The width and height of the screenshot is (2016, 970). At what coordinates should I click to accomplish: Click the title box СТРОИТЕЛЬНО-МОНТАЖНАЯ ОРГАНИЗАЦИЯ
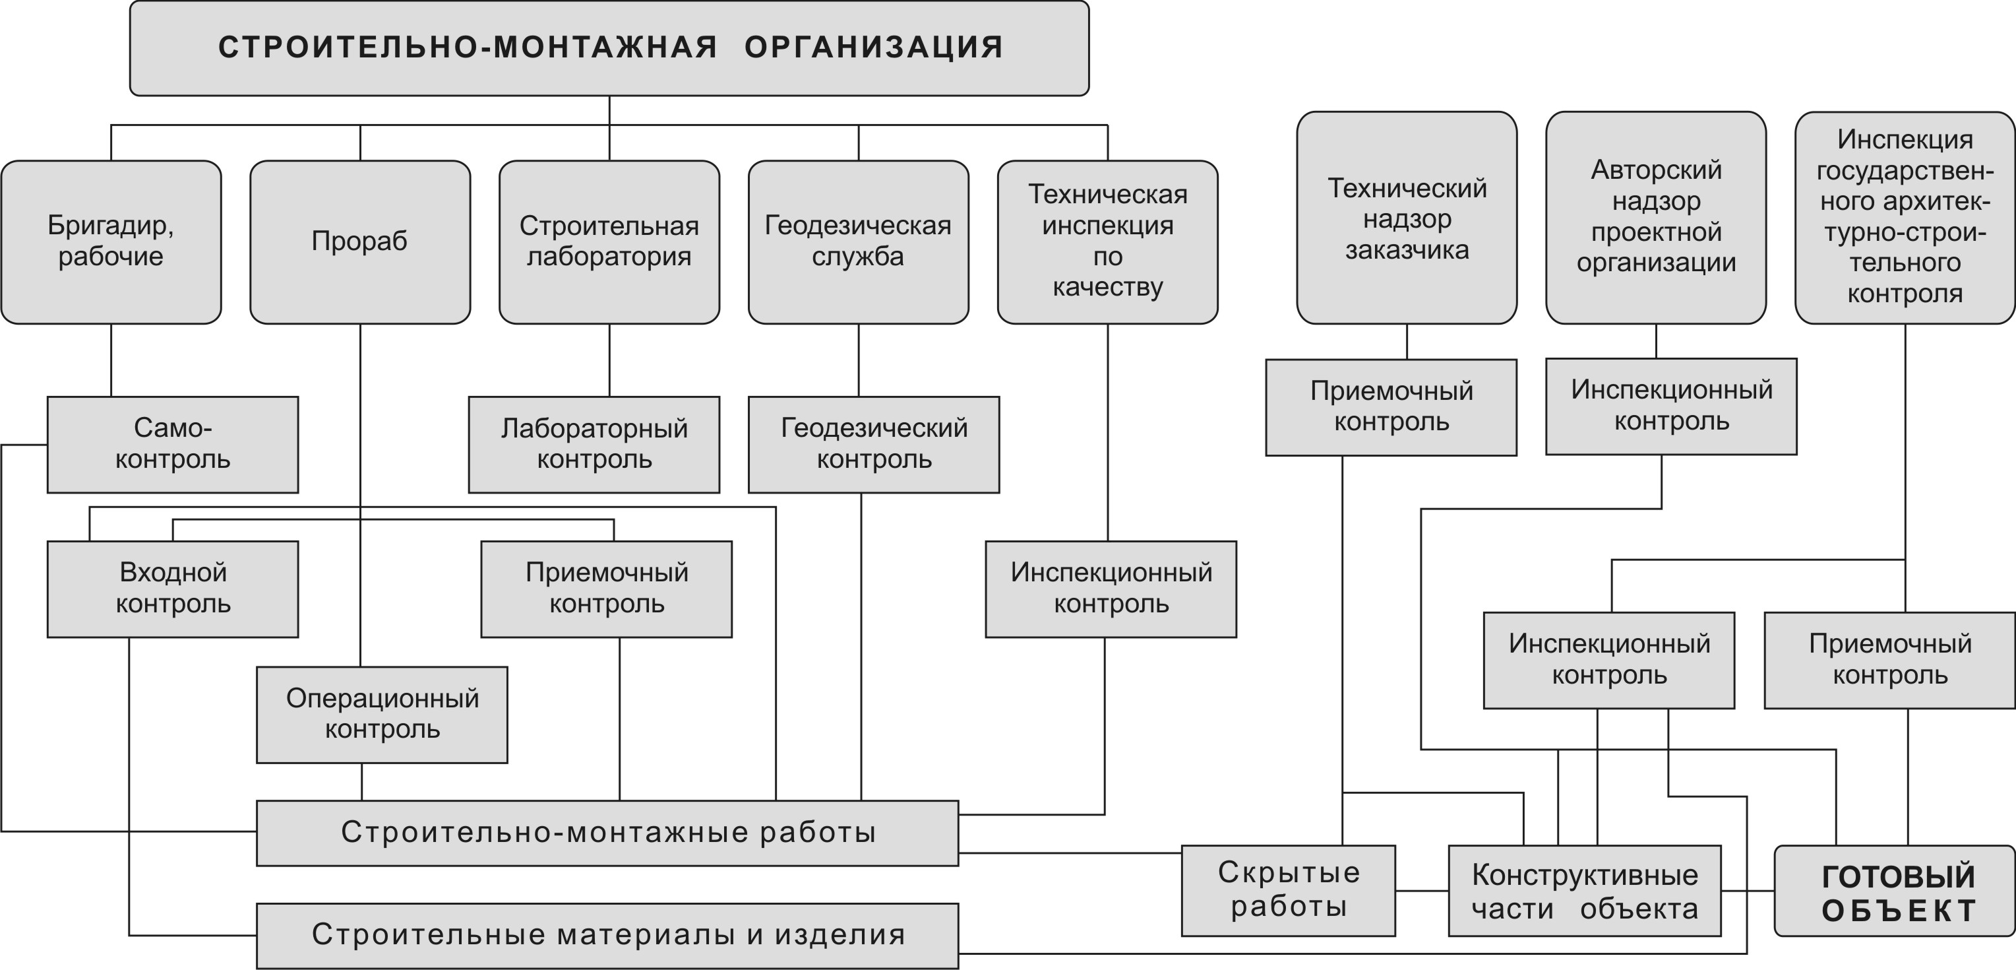609,48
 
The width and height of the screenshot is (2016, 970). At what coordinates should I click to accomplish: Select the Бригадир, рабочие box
111,242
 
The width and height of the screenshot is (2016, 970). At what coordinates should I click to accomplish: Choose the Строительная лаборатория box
609,242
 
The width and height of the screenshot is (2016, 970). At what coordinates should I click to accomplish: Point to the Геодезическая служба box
858,242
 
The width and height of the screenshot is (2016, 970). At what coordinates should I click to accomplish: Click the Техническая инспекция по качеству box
1107,242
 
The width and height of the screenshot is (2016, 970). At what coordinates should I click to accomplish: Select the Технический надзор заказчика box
1407,218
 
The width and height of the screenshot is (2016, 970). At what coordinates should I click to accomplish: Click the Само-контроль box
172,444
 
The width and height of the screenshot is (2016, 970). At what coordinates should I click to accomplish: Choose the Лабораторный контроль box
594,444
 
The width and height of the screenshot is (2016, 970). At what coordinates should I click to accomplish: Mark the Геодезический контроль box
873,444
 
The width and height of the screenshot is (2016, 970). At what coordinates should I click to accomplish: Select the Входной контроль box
172,589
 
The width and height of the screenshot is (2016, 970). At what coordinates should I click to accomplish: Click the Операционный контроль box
382,714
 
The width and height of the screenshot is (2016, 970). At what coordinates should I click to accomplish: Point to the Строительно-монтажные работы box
607,832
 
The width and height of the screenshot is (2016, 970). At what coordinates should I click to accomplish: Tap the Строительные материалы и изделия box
607,935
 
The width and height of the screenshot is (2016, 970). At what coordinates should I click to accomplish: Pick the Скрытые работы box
1288,890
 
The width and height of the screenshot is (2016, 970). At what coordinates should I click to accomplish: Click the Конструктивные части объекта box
1584,891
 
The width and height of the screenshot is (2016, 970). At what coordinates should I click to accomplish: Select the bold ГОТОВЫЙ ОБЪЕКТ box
1899,893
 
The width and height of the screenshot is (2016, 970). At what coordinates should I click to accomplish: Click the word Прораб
359,241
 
